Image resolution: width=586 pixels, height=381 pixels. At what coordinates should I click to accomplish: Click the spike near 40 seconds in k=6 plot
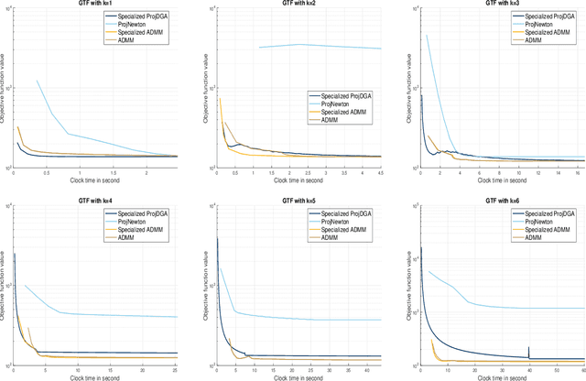[529, 350]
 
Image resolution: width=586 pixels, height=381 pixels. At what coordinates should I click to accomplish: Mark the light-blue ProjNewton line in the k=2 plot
[320, 46]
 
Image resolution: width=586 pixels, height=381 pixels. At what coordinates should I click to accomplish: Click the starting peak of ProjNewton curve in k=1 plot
[38, 81]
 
